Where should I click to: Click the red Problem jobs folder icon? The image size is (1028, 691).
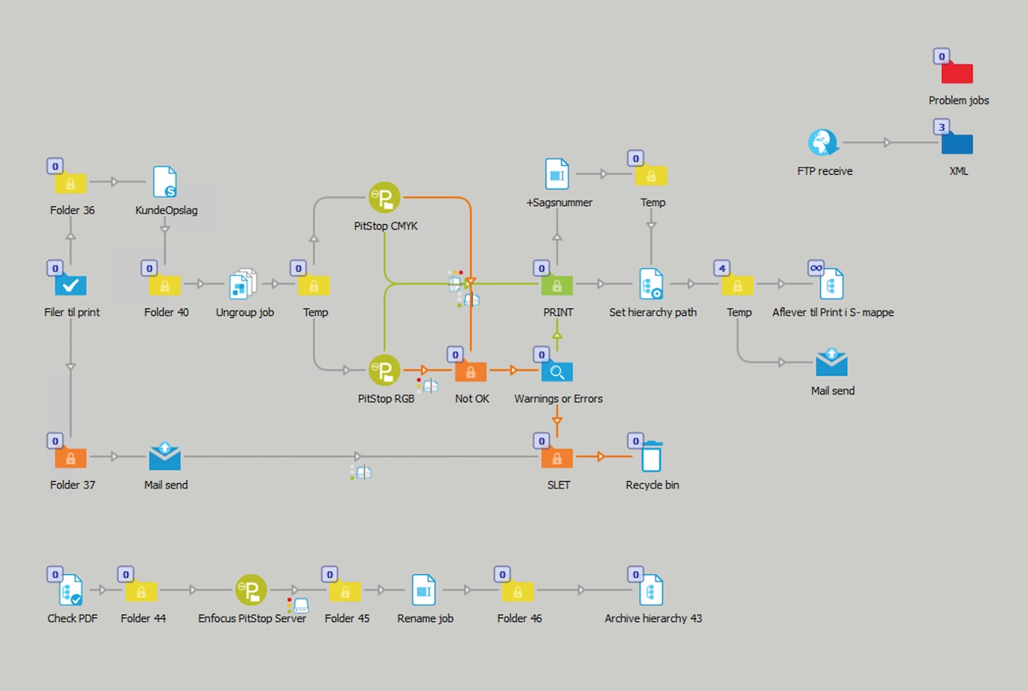tap(957, 73)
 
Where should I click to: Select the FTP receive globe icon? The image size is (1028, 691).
tap(823, 142)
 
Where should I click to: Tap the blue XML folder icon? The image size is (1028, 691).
tap(957, 144)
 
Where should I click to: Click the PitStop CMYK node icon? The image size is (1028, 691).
tap(385, 198)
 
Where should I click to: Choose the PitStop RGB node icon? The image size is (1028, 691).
tap(385, 370)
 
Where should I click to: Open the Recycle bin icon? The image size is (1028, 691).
tap(651, 456)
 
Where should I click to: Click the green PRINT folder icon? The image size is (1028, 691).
tap(557, 285)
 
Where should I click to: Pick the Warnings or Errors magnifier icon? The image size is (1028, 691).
tap(557, 372)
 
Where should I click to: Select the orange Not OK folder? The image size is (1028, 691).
tap(471, 372)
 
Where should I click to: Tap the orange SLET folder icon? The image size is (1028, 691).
tap(557, 458)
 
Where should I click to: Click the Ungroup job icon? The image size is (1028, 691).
tap(243, 284)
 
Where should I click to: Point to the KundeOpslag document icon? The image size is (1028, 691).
tap(164, 181)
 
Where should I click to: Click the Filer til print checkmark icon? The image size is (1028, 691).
tap(70, 285)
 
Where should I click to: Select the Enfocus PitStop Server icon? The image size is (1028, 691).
tap(251, 590)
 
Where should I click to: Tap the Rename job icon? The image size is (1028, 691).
tap(424, 590)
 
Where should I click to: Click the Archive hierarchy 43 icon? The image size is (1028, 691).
tap(651, 590)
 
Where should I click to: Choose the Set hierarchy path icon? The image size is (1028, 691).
tap(651, 284)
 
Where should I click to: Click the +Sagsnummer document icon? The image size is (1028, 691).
tap(557, 175)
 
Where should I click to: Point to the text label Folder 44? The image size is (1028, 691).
tap(143, 618)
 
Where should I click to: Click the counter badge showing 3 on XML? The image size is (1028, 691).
tap(942, 127)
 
